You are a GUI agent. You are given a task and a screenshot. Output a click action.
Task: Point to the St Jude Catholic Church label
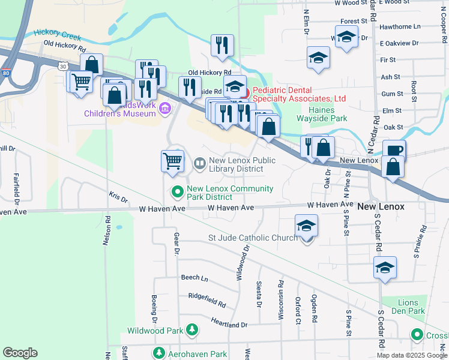tap(253, 238)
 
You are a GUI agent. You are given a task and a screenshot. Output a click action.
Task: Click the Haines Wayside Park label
tap(328, 114)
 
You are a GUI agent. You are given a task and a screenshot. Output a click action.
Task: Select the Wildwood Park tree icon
tap(191, 330)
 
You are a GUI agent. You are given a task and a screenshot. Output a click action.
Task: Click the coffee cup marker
tap(394, 150)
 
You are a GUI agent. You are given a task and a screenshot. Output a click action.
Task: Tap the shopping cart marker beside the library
tap(172, 161)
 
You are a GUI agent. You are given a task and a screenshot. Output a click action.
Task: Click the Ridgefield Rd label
tap(207, 304)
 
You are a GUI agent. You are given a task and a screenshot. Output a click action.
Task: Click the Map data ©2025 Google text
tap(411, 355)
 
